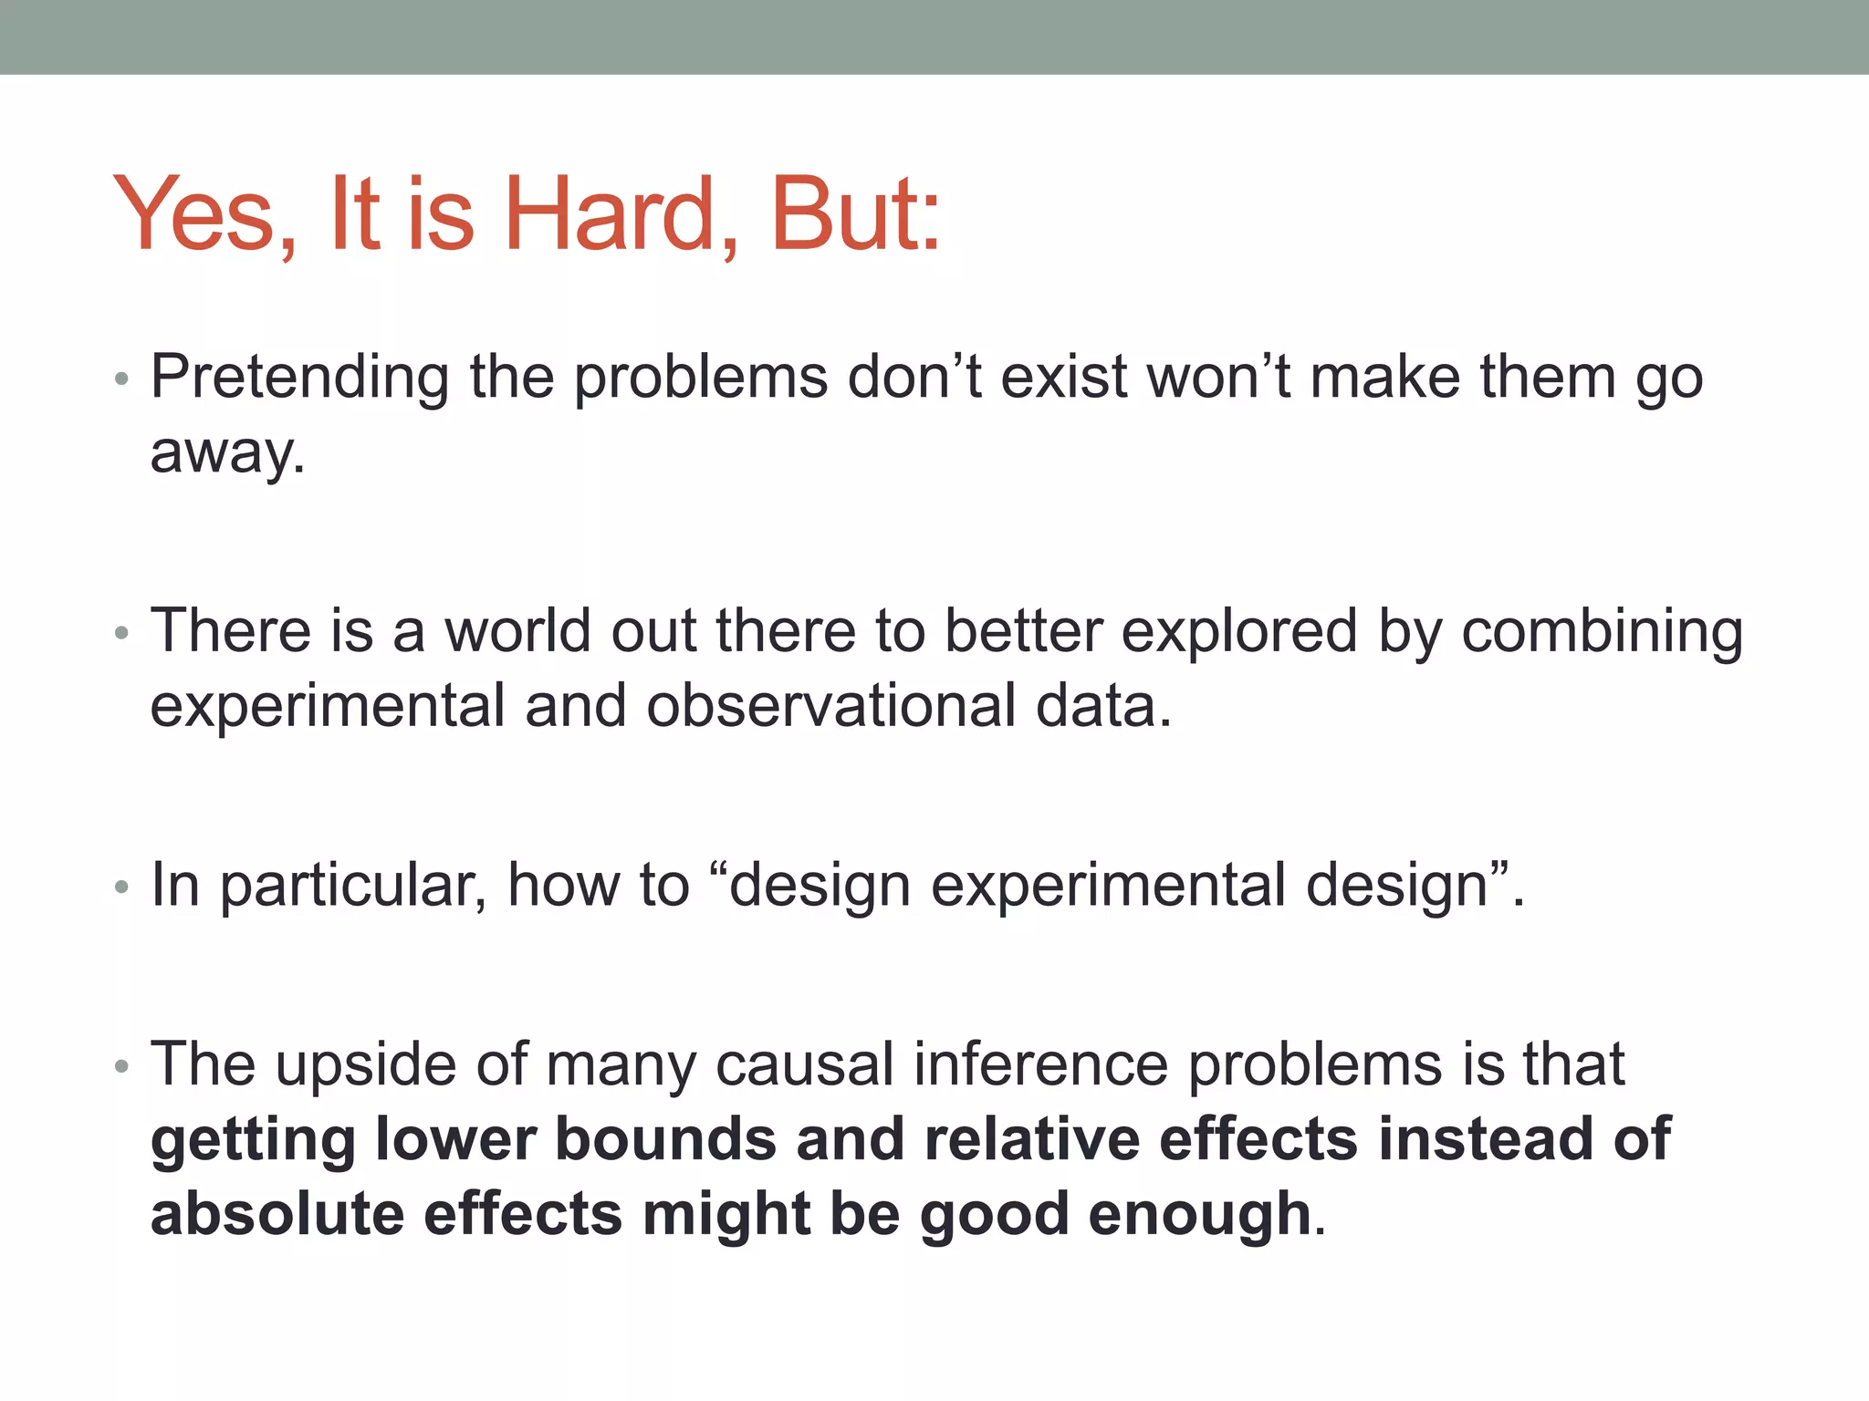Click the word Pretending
299,378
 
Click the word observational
830,706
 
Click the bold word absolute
277,1214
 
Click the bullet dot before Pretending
122,379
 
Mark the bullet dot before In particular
122,887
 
